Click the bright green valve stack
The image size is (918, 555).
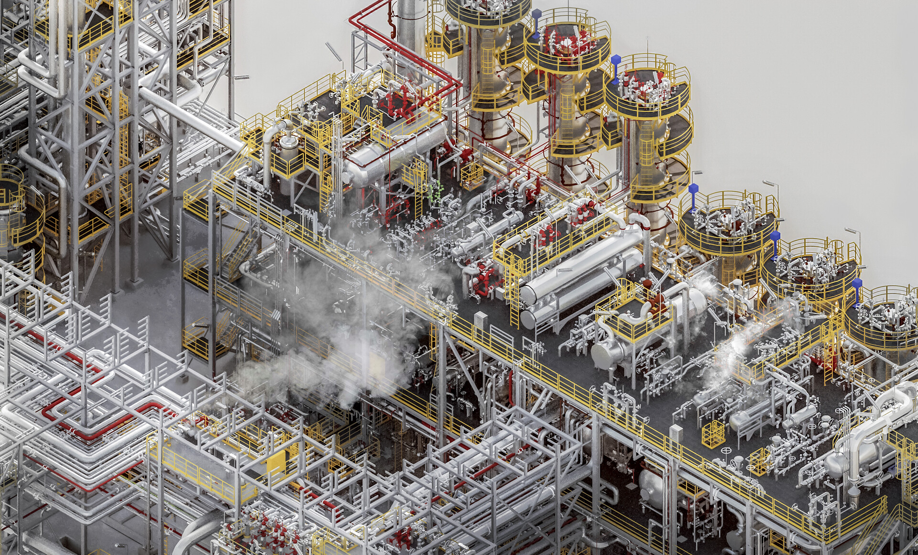(436, 191)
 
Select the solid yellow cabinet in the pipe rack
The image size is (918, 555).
(275, 463)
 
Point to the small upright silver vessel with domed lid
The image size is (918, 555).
(287, 143)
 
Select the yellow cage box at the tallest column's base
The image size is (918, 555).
(471, 176)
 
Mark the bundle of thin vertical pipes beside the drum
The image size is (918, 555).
(337, 158)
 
